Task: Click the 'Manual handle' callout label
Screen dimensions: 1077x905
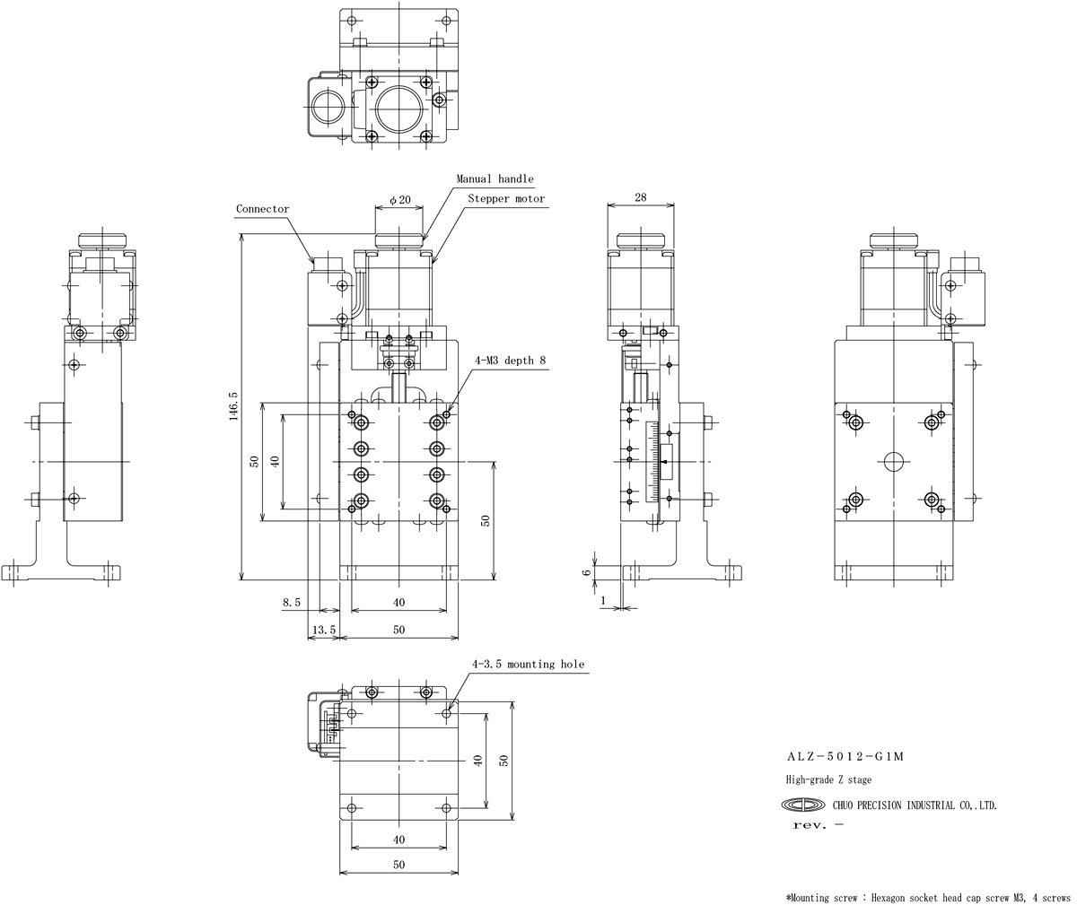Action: pyautogui.click(x=495, y=178)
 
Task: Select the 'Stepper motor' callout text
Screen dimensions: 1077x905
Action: pyautogui.click(x=506, y=198)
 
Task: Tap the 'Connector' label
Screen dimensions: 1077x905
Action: pyautogui.click(x=263, y=209)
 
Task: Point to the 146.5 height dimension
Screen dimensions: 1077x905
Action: pyautogui.click(x=233, y=406)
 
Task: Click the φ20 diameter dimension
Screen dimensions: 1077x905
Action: pyautogui.click(x=400, y=199)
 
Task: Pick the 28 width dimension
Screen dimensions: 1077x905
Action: pyautogui.click(x=641, y=196)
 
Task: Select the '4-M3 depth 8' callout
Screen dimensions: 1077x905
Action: pyautogui.click(x=510, y=361)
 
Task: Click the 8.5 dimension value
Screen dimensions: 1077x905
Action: pyautogui.click(x=292, y=602)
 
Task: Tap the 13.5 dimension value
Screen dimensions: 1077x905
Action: pyautogui.click(x=324, y=630)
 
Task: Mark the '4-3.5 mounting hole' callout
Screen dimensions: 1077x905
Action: pyautogui.click(x=529, y=665)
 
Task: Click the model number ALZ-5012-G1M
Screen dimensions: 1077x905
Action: pyautogui.click(x=845, y=757)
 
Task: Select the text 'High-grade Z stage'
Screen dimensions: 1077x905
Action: pyautogui.click(x=828, y=779)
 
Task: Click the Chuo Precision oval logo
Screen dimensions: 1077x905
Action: pyautogui.click(x=803, y=805)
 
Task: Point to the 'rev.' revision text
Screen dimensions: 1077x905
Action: pyautogui.click(x=810, y=825)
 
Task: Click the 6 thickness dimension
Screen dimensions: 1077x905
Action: pyautogui.click(x=586, y=572)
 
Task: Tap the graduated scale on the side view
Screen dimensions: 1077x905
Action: pyautogui.click(x=652, y=461)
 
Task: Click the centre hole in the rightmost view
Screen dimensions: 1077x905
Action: pyautogui.click(x=894, y=461)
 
